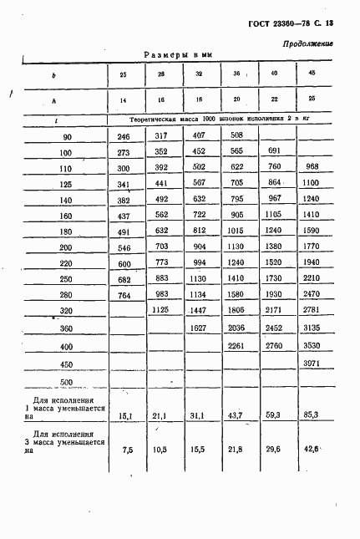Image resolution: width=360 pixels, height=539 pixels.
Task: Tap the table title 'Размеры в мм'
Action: (179, 54)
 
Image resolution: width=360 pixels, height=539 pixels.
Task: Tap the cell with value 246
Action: (124, 136)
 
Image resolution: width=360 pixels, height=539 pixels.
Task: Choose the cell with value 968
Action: (312, 167)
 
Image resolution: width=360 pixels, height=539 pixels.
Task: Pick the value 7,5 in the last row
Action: (127, 449)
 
